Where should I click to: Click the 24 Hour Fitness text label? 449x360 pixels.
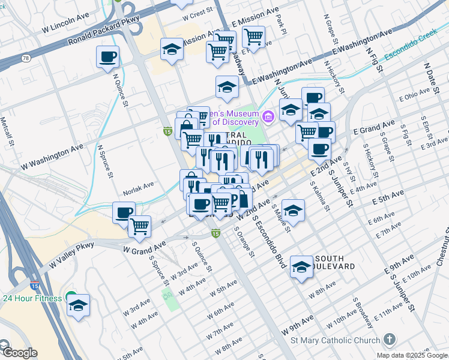pos(32,298)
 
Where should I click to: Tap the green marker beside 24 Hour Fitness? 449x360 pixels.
pos(71,298)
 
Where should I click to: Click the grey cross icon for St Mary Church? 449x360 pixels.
pos(390,340)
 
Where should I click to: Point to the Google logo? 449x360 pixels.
pos(19,353)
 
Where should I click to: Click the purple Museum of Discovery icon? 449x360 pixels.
pos(268,118)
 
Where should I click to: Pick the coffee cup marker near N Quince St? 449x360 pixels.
pos(107,58)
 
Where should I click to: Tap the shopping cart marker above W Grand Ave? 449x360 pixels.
pos(139,226)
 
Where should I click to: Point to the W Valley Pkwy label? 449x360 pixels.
pos(71,253)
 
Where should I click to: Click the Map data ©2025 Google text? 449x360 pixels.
pos(411,355)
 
